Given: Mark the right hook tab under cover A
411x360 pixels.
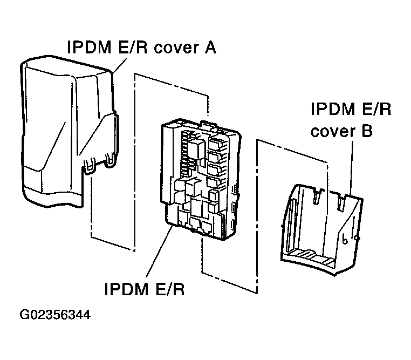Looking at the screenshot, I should click(x=111, y=161).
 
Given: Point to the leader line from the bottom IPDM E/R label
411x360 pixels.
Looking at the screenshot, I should click(x=159, y=254).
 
